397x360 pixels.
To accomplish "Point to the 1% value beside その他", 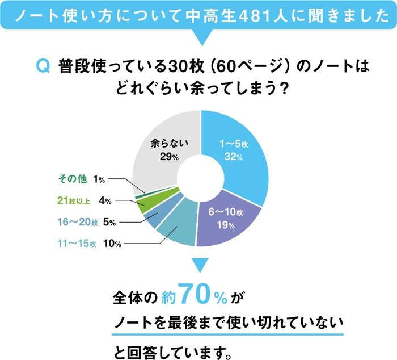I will pyautogui.click(x=99, y=179).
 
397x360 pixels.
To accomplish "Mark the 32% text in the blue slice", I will pyautogui.click(x=231, y=157).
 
